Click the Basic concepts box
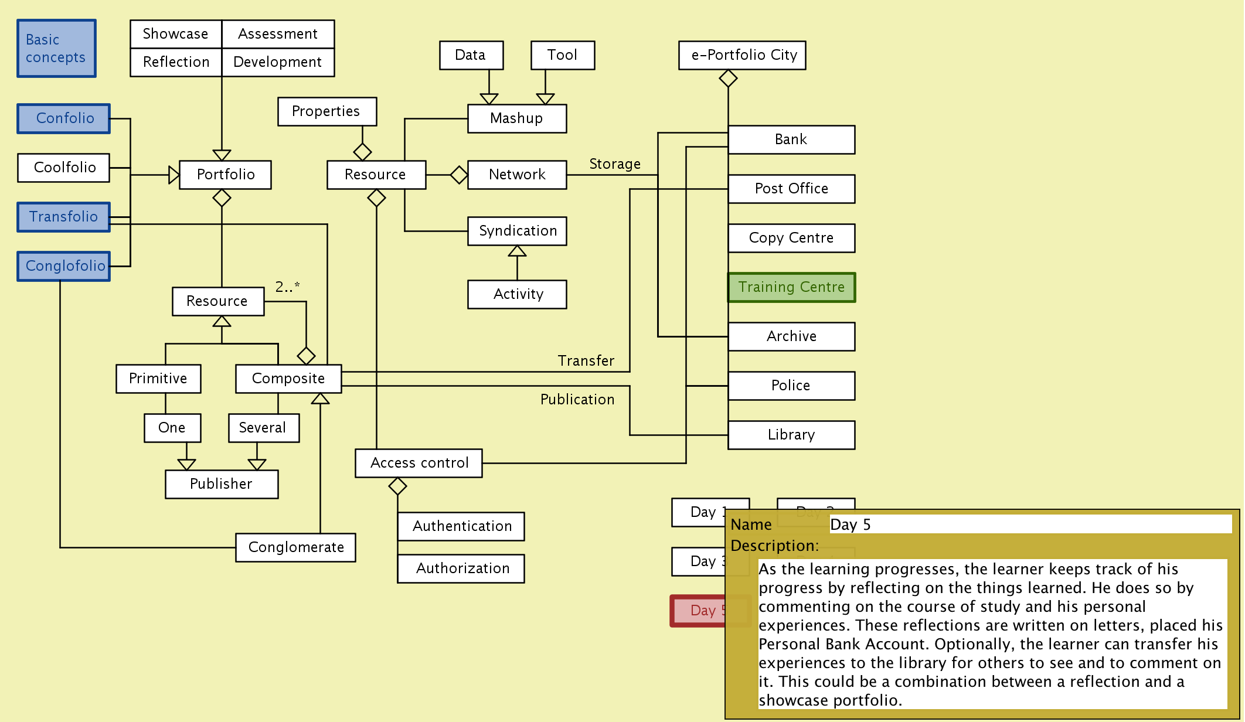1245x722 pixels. [x=56, y=49]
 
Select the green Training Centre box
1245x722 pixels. [x=791, y=287]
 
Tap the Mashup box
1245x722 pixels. [x=516, y=118]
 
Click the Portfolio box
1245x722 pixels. [x=225, y=175]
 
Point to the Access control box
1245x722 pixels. [x=419, y=463]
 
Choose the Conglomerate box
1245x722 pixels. [x=295, y=547]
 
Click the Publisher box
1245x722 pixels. [x=221, y=484]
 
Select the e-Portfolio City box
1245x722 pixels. [x=742, y=55]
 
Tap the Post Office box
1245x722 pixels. [x=791, y=189]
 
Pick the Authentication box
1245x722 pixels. [x=461, y=526]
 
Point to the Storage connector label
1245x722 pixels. [x=614, y=164]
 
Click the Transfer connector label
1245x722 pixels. [x=586, y=361]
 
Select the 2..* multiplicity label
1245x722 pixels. [x=287, y=287]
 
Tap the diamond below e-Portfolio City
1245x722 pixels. [x=728, y=78]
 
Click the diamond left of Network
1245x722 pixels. [x=459, y=175]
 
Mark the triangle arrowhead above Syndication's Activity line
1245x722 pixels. [x=517, y=251]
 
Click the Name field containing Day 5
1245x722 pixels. [x=1029, y=525]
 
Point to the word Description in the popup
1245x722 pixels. [x=774, y=546]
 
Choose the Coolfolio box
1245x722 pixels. [x=64, y=168]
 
